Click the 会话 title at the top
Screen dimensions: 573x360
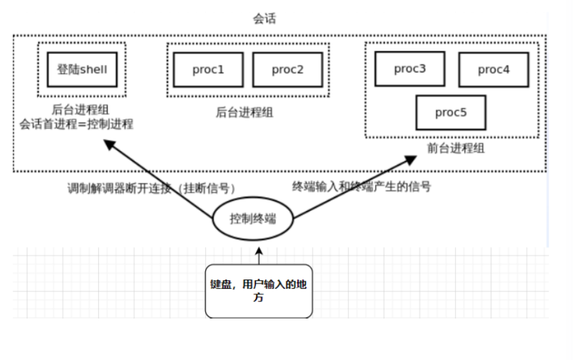pos(264,18)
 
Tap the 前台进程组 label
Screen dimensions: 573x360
pos(456,148)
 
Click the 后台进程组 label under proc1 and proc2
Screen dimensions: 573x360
pos(245,112)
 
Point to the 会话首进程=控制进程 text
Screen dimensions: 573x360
pos(76,124)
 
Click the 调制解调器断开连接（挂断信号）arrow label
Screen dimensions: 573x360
pos(151,188)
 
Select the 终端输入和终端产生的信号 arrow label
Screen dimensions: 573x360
pos(361,187)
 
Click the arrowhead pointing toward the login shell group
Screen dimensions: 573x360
pos(109,144)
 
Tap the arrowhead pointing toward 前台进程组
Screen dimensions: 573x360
pos(411,160)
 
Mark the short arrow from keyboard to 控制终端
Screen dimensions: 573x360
pos(259,255)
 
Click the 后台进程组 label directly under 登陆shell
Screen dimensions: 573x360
pos(80,109)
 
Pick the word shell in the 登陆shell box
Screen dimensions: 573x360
pos(94,69)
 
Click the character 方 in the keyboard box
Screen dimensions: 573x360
pos(258,297)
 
